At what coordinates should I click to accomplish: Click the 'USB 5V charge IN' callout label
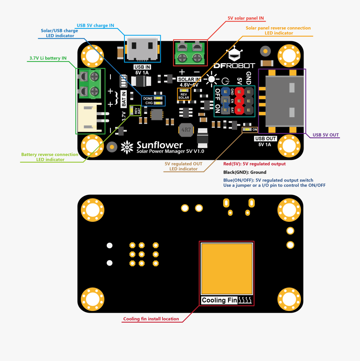[x=95, y=25]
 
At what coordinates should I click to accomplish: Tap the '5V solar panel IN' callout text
[x=246, y=18]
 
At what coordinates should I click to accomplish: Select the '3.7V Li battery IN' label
[x=48, y=58]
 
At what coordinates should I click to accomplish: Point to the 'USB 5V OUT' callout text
[x=326, y=135]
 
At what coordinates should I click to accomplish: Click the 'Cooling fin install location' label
[x=151, y=319]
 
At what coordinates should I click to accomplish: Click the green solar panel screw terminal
[x=190, y=53]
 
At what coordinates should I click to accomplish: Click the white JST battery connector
[x=91, y=118]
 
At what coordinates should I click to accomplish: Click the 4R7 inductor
[x=186, y=130]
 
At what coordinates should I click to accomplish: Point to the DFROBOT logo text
[x=234, y=65]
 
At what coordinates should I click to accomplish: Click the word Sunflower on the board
[x=160, y=145]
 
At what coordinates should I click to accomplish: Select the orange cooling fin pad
[x=227, y=269]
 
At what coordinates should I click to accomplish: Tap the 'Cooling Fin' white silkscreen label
[x=220, y=300]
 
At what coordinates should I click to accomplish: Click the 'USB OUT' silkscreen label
[x=265, y=139]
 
